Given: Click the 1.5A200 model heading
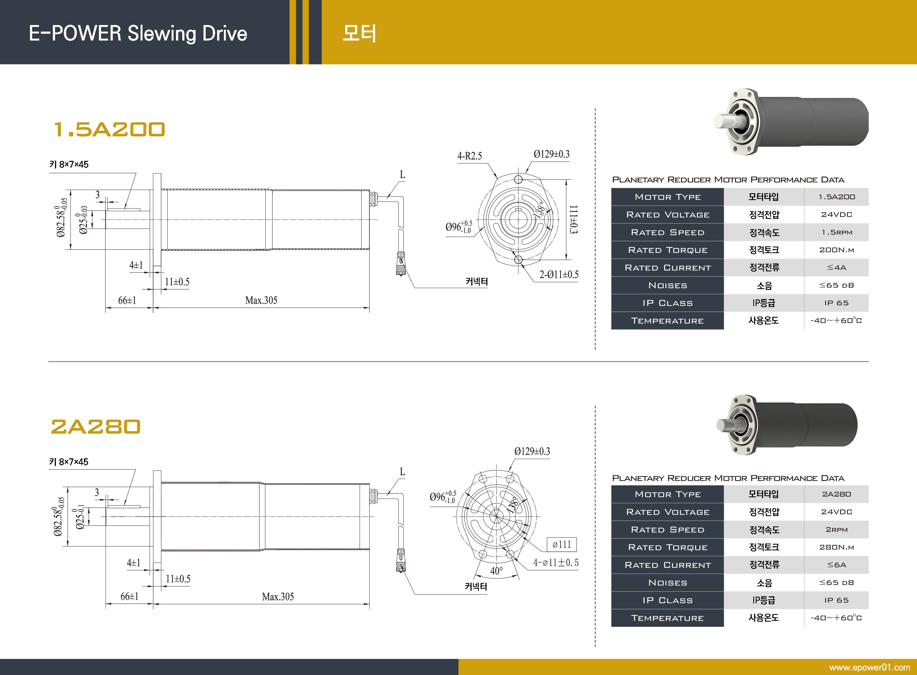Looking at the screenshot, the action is point(109,130).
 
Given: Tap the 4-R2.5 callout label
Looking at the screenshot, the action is point(470,156).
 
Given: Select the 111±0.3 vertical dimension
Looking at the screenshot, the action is point(573,219).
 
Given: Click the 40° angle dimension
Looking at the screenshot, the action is point(497,571).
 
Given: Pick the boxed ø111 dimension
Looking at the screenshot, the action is point(561,544).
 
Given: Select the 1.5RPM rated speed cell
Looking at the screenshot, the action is point(836,232).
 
